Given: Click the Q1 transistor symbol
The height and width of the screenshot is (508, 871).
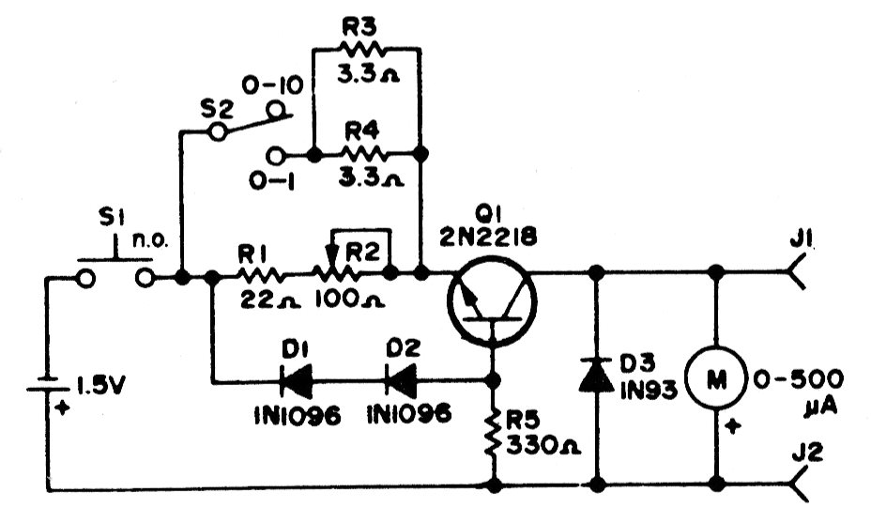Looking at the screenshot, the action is [492, 302].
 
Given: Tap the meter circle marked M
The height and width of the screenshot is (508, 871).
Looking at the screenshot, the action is [716, 378].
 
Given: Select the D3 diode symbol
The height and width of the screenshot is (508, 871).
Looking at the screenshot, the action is [597, 375].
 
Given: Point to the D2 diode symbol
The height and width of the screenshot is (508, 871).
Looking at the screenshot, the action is [401, 380].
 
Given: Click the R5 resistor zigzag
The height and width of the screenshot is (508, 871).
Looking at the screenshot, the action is [493, 432].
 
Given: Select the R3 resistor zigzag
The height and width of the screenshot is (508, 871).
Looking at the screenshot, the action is [362, 50].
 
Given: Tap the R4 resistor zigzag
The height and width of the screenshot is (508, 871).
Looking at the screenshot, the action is [364, 154].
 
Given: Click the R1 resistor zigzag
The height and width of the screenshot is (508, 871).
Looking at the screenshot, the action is [261, 274].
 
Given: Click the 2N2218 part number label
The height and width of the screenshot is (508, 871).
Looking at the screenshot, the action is [488, 238].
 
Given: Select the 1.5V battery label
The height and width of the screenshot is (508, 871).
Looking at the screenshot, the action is [100, 386].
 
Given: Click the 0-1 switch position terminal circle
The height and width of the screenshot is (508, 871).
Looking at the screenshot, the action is [274, 155].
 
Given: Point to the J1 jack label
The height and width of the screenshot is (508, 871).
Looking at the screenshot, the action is [801, 240].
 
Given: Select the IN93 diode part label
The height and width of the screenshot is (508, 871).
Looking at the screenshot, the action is [649, 391].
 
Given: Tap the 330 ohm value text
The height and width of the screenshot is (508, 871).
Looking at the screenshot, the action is [542, 445].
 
